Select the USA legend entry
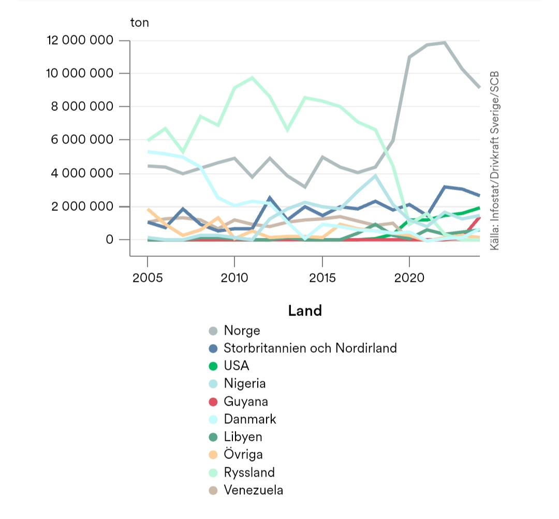[x=236, y=366]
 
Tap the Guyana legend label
[x=246, y=401]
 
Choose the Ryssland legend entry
[x=249, y=472]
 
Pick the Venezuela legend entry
[x=253, y=490]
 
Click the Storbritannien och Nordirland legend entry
[x=310, y=348]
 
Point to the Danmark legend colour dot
[x=213, y=420]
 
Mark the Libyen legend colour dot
[x=213, y=437]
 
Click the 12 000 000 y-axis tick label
[x=80, y=40]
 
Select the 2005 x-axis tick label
[x=148, y=278]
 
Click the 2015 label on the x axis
[x=322, y=278]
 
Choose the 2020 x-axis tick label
[x=409, y=278]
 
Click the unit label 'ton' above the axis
[x=139, y=23]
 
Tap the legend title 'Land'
[x=305, y=311]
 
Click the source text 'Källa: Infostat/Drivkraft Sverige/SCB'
[x=494, y=161]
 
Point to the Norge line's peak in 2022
[x=445, y=42]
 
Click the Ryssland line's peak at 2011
[x=252, y=78]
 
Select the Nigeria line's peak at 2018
[x=375, y=176]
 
